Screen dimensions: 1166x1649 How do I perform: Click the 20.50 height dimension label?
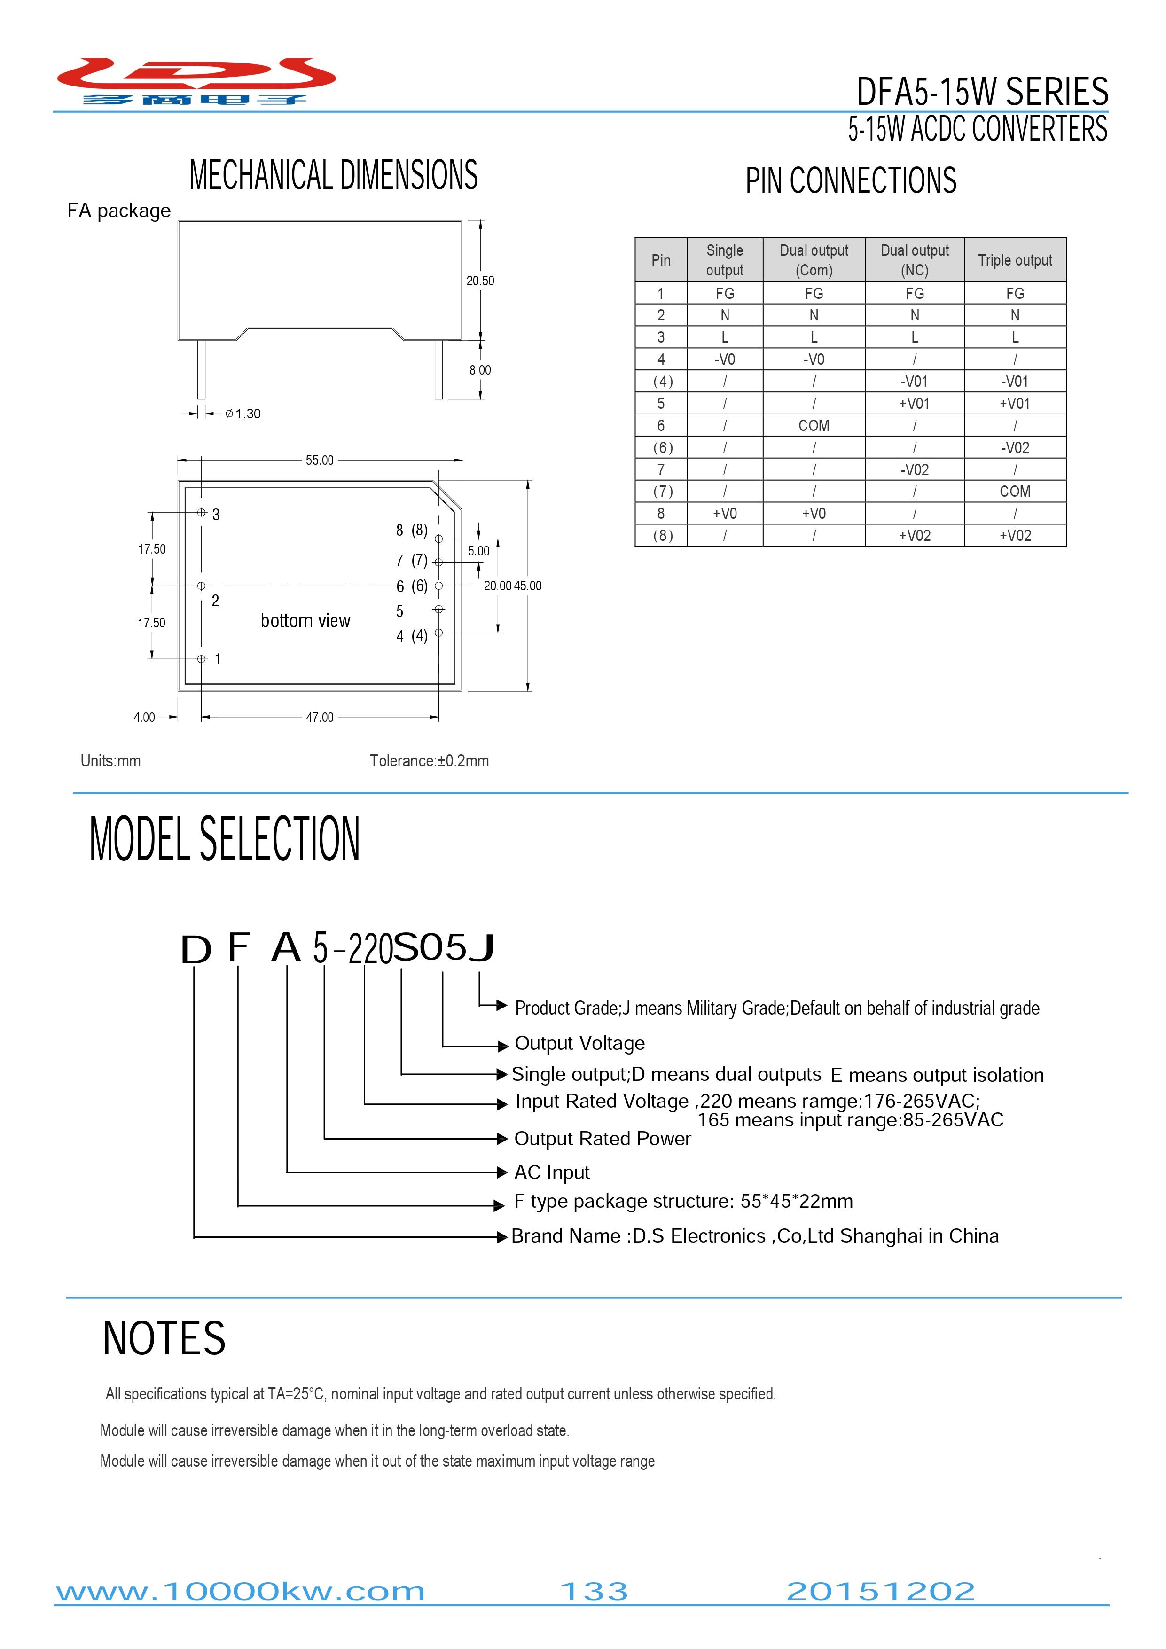coord(480,281)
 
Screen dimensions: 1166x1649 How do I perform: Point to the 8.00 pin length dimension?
coord(480,370)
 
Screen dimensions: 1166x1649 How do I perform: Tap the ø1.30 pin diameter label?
coord(243,414)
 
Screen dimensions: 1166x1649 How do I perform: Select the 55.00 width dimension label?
coord(320,461)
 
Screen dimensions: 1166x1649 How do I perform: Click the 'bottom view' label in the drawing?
coord(305,620)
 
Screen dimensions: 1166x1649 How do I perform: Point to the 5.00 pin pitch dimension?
coord(478,551)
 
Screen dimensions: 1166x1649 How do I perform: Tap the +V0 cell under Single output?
coord(724,514)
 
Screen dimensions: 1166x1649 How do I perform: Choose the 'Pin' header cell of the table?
coord(660,260)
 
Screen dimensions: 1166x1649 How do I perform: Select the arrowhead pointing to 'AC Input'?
coord(502,1173)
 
